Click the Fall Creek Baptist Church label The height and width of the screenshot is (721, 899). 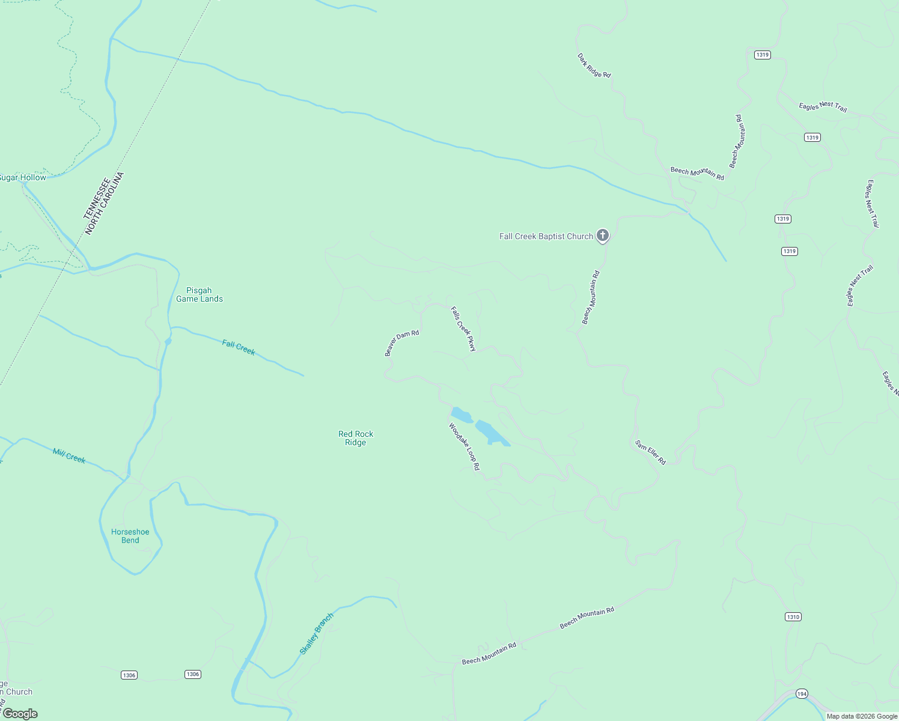click(x=546, y=237)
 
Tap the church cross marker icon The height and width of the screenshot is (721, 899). click(x=603, y=236)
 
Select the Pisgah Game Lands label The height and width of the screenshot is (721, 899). click(x=200, y=294)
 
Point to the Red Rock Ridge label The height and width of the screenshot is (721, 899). click(x=356, y=438)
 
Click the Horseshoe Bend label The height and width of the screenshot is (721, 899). click(x=130, y=536)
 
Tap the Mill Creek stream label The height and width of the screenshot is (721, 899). click(x=69, y=456)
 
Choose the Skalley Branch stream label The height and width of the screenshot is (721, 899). click(x=317, y=634)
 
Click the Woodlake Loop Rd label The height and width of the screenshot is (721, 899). click(x=465, y=446)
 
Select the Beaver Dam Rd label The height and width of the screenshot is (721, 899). click(x=401, y=342)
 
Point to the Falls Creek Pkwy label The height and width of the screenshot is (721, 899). click(x=463, y=329)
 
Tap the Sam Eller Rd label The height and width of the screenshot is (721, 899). click(x=651, y=452)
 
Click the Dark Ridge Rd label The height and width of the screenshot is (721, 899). click(x=594, y=65)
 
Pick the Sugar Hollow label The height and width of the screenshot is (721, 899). click(x=23, y=178)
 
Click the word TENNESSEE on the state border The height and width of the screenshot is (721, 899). click(x=97, y=198)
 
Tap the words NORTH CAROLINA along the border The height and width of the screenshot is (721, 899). click(x=105, y=204)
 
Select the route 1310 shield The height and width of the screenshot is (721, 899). click(x=793, y=617)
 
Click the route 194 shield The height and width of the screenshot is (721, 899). click(x=802, y=694)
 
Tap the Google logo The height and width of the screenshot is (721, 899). click(x=20, y=714)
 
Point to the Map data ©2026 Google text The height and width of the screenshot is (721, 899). click(x=862, y=716)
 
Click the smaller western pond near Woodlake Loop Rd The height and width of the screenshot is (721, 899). click(x=462, y=415)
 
